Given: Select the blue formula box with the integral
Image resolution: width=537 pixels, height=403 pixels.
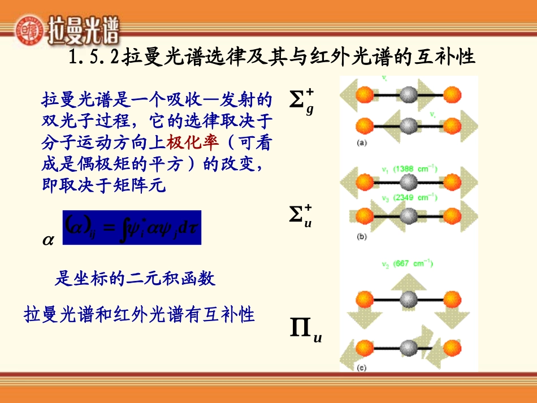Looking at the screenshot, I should coord(131,227).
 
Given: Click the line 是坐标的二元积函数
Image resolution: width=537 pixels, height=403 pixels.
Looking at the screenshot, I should coord(135,279).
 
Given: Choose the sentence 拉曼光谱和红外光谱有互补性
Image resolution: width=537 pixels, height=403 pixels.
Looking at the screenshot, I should coord(140,314).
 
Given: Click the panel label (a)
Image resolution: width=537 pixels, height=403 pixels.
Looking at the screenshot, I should coord(362,143).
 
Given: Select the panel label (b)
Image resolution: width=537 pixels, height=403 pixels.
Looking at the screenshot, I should coord(362,236).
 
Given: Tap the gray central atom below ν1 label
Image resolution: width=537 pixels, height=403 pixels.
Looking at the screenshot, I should coord(409,182).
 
